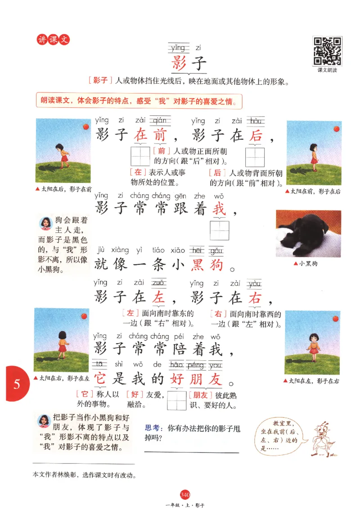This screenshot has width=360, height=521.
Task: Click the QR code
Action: point(327,51)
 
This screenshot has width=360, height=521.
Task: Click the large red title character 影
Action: point(179,62)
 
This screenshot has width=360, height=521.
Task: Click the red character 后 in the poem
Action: point(255,135)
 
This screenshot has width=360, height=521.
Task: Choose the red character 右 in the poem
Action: point(255,298)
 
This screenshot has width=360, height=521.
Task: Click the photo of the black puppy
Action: point(308,233)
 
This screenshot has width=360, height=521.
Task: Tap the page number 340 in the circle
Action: point(184,495)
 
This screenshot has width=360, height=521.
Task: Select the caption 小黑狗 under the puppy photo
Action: point(308,263)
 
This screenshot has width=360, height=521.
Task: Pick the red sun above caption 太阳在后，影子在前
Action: point(85,127)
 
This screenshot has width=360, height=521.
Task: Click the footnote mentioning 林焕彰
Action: point(85,475)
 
